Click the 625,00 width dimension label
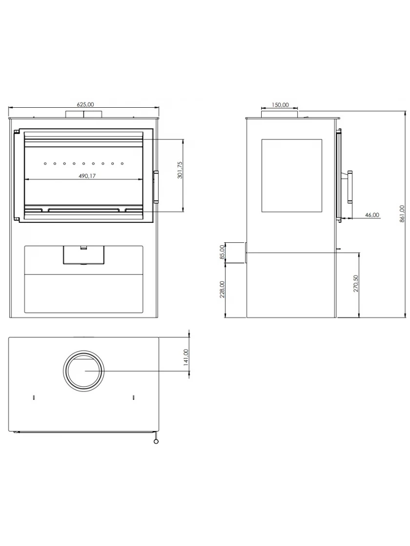[85, 104]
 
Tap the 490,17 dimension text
[87, 176]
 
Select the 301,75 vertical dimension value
[180, 170]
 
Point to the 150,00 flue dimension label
[280, 104]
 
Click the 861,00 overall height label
[402, 214]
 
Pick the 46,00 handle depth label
[372, 215]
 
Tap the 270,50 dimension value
[356, 283]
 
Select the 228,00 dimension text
[222, 290]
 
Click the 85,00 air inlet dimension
[222, 252]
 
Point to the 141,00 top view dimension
[185, 357]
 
